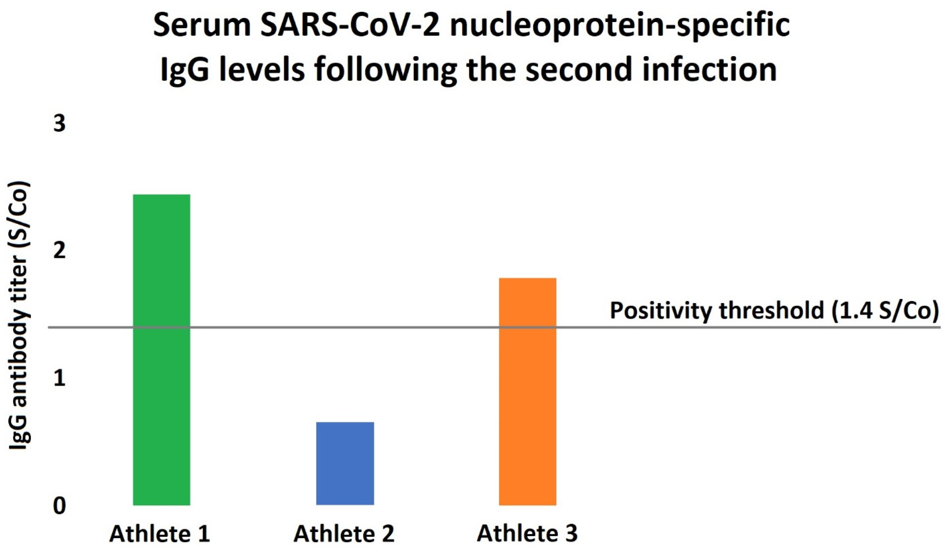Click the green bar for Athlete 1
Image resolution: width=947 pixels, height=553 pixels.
pyautogui.click(x=162, y=350)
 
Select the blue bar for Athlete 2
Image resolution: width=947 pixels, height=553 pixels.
pyautogui.click(x=345, y=464)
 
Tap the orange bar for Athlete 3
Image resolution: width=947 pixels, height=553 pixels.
pyautogui.click(x=528, y=391)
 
